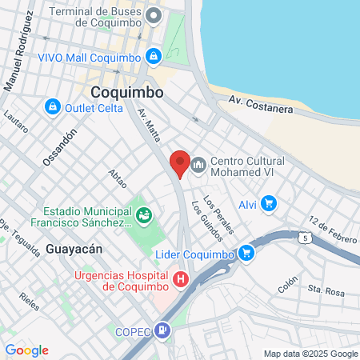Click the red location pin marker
[x=180, y=163]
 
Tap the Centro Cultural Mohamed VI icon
[x=198, y=164]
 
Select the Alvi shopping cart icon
[x=269, y=204]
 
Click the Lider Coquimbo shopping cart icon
[x=247, y=254]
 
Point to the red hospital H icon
[x=182, y=280]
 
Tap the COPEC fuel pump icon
[x=163, y=329]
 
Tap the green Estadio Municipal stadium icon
[x=144, y=214]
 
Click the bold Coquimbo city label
[x=127, y=93]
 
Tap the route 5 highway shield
[x=305, y=238]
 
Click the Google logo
[x=26, y=350]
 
